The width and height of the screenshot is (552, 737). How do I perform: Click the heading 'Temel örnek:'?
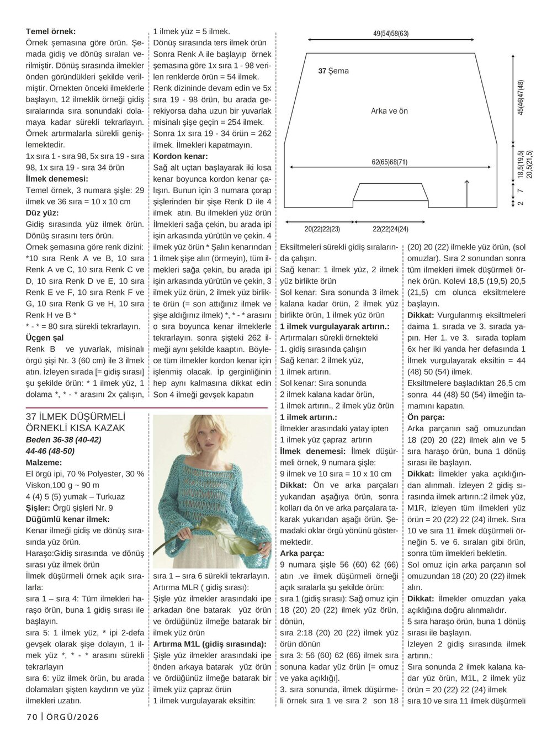(51, 31)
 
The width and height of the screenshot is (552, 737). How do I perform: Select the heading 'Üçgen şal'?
(45, 337)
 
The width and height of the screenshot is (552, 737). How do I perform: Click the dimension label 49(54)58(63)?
(391, 34)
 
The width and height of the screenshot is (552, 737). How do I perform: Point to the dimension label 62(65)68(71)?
(389, 162)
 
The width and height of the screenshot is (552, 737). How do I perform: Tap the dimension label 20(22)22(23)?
(322, 229)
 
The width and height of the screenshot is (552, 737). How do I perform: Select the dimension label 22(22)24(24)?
(390, 229)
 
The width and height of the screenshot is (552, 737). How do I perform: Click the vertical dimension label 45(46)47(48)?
(520, 97)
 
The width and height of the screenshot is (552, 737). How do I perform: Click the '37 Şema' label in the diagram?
(333, 71)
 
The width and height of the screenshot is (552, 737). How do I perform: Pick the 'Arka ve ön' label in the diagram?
(389, 111)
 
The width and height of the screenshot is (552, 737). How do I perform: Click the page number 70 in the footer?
(31, 717)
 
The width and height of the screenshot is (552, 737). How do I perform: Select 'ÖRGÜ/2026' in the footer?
(72, 717)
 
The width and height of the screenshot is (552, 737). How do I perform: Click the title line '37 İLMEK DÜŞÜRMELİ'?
(76, 417)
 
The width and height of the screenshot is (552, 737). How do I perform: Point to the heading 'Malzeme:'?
(44, 462)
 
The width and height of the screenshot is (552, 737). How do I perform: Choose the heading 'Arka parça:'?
(302, 553)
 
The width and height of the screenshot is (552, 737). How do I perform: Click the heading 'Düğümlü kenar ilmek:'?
(67, 519)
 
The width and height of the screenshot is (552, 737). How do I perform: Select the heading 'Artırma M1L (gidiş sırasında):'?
(209, 644)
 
